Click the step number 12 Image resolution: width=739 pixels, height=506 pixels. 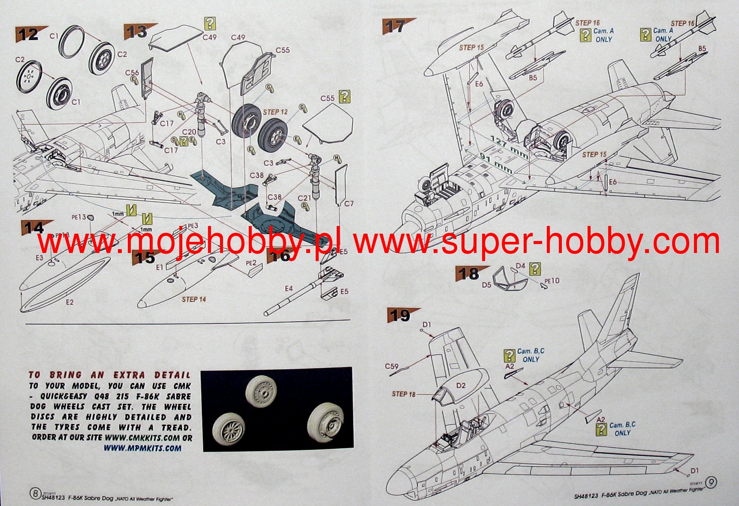coord(29,34)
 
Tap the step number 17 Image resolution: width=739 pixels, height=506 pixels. coord(395,27)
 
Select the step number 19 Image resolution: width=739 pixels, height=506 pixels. coord(400,316)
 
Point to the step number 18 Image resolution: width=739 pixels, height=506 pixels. coord(468,274)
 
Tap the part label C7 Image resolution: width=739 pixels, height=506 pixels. coord(349,204)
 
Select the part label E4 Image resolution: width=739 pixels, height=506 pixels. coord(289,289)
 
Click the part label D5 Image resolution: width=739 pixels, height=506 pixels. coord(486,284)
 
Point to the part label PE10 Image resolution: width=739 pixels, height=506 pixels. coord(552,281)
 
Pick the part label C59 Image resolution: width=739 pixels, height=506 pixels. coord(392,367)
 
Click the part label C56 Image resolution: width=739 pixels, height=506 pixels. coord(132,72)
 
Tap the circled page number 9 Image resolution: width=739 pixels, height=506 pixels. coord(711,482)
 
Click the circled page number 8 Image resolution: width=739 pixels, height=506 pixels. coord(35,493)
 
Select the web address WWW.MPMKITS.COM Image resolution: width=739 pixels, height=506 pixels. coord(142,448)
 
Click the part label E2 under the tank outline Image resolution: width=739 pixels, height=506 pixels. coord(69,302)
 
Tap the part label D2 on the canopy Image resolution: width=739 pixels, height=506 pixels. coord(461,386)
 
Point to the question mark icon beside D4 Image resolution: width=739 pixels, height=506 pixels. coord(535,269)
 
